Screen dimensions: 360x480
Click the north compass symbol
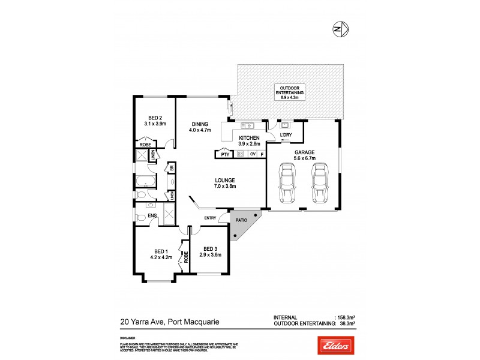[x=341, y=28]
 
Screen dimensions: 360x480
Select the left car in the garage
[x=287, y=185]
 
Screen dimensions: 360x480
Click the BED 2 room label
[x=155, y=118]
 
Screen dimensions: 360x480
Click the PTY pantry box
[x=224, y=154]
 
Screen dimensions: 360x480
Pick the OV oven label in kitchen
[x=253, y=154]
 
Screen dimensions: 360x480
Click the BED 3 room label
[x=209, y=248]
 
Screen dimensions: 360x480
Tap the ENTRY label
[x=210, y=217]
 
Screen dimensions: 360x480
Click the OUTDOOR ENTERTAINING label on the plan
[x=289, y=90]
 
